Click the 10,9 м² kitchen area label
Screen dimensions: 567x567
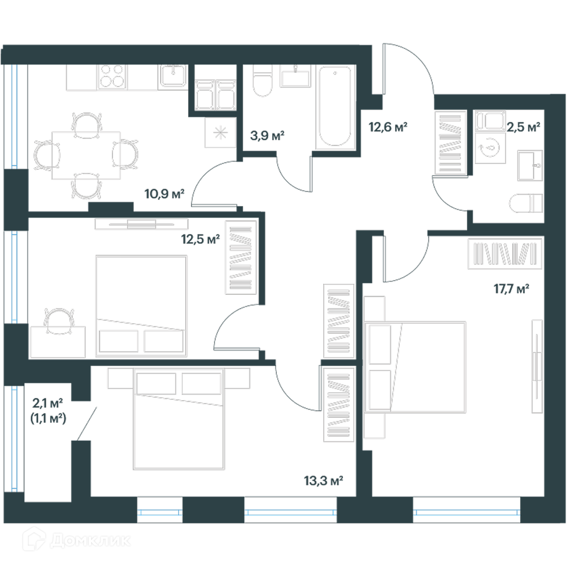tap(164, 194)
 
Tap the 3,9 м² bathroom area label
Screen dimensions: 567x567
tap(267, 136)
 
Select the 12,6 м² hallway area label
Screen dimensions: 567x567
tap(388, 127)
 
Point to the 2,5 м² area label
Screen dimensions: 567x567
tap(523, 127)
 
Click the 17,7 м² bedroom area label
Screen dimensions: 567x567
tap(511, 289)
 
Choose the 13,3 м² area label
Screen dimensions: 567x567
tap(323, 481)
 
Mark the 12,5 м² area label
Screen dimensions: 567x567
tap(200, 239)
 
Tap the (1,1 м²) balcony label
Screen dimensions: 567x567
tap(48, 418)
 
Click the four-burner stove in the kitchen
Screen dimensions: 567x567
tap(112, 77)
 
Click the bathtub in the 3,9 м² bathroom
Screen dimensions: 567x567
tap(335, 107)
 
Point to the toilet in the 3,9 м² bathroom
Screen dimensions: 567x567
tap(262, 80)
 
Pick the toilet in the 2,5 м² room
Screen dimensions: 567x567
tap(525, 203)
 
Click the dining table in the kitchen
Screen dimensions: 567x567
tap(86, 155)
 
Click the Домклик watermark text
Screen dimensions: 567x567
tap(90, 541)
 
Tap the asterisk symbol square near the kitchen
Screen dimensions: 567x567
tap(220, 132)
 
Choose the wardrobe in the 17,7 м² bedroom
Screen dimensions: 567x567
tap(505, 253)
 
